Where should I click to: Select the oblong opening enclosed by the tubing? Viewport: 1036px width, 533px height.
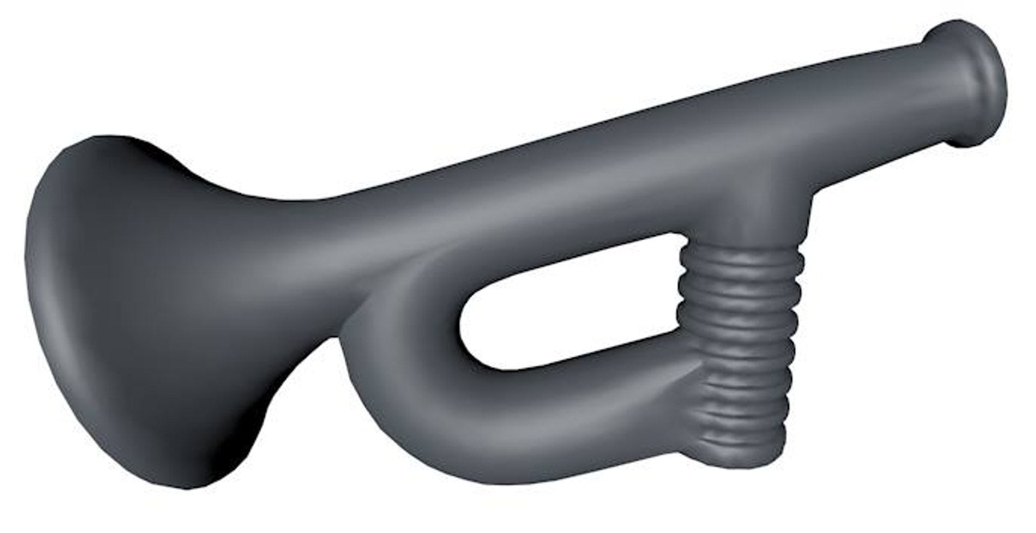pyautogui.click(x=567, y=302)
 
